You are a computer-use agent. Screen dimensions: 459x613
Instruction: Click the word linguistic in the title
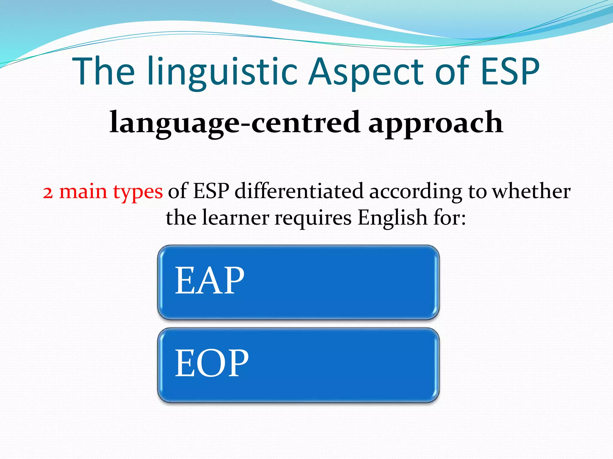click(223, 72)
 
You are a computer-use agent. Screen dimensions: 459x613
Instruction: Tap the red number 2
click(48, 192)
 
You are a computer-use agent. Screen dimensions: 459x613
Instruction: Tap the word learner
click(235, 218)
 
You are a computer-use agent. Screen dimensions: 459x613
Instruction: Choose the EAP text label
click(210, 281)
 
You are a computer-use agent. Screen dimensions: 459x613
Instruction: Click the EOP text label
click(211, 363)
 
